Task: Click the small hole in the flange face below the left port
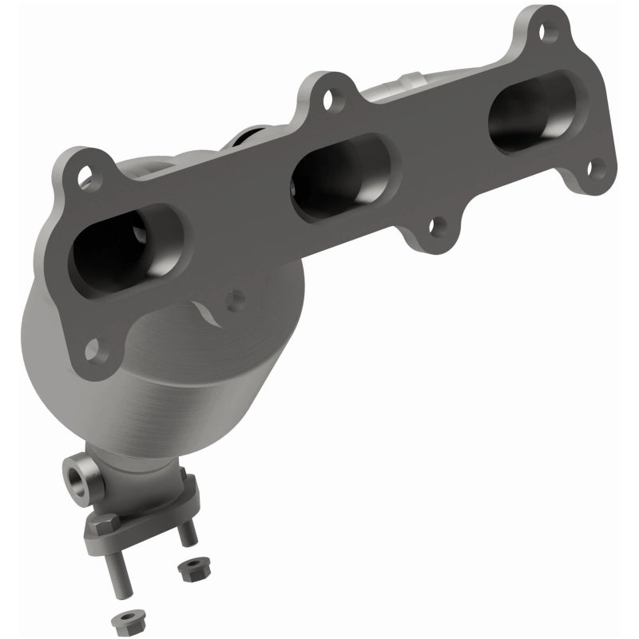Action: pyautogui.click(x=234, y=300)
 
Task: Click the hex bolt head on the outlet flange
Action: pyautogui.click(x=105, y=526)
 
